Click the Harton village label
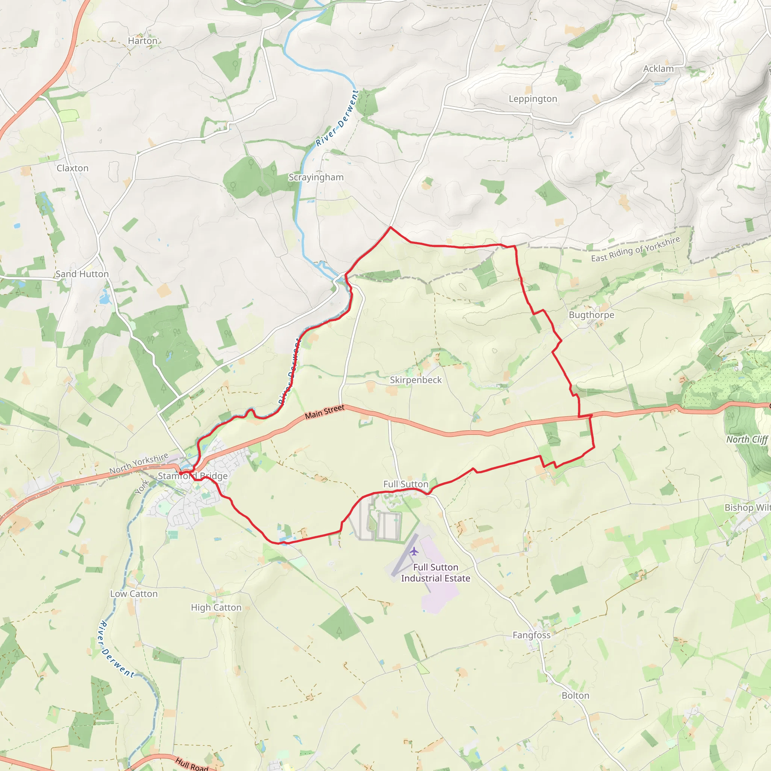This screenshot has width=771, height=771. [142, 41]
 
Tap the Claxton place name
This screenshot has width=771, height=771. [73, 168]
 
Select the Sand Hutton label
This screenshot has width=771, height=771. [82, 274]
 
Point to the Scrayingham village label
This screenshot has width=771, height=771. [316, 177]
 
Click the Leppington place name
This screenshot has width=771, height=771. [533, 99]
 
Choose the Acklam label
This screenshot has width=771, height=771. [658, 69]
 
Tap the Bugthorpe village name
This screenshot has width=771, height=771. [591, 315]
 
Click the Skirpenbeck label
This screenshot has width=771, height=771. [416, 380]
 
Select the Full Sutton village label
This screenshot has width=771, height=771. [406, 485]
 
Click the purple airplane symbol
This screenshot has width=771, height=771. [414, 552]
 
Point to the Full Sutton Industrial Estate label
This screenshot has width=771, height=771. [436, 573]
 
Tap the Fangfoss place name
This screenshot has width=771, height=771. [532, 635]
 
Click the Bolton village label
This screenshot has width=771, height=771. [575, 696]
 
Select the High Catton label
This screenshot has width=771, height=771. [216, 608]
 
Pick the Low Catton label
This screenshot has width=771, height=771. [134, 594]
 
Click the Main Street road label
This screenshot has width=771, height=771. [325, 412]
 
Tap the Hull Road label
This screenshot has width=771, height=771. [192, 764]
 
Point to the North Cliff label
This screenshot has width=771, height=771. [747, 440]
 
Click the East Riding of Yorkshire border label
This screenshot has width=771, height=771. [635, 250]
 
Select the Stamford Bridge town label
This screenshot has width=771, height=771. [193, 476]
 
